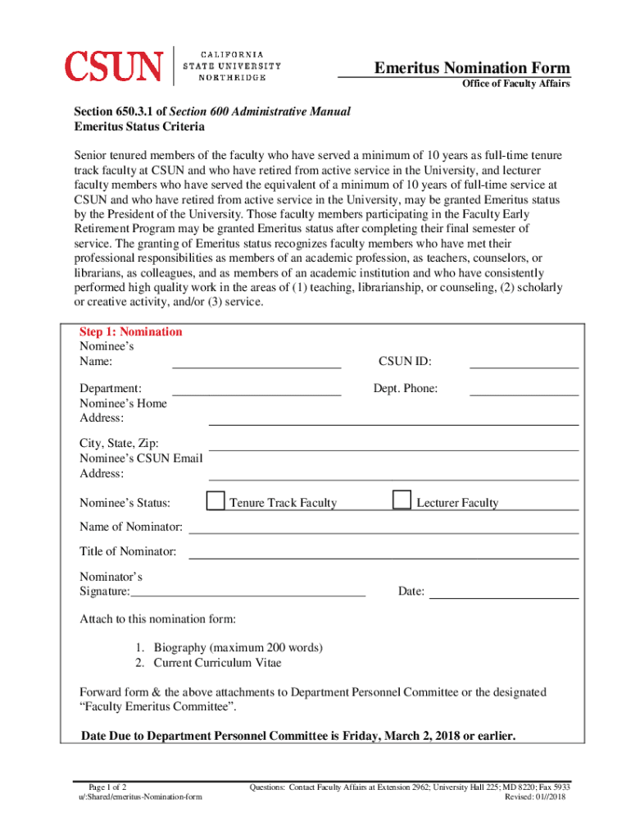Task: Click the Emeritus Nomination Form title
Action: coord(472,67)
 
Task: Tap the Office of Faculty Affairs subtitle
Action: coord(515,84)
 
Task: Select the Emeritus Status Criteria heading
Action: coord(139,127)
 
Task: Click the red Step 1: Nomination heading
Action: coord(130,332)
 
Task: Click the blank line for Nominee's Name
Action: coord(256,362)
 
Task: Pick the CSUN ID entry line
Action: coord(524,362)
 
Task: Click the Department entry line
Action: coord(256,389)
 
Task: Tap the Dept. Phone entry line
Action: coord(524,389)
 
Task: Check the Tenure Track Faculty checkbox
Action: coord(216,500)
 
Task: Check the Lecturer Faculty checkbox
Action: coord(402,500)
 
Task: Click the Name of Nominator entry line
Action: coord(384,527)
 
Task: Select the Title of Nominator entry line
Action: coord(384,552)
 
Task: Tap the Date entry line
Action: coord(504,591)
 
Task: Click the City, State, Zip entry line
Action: coord(393,444)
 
